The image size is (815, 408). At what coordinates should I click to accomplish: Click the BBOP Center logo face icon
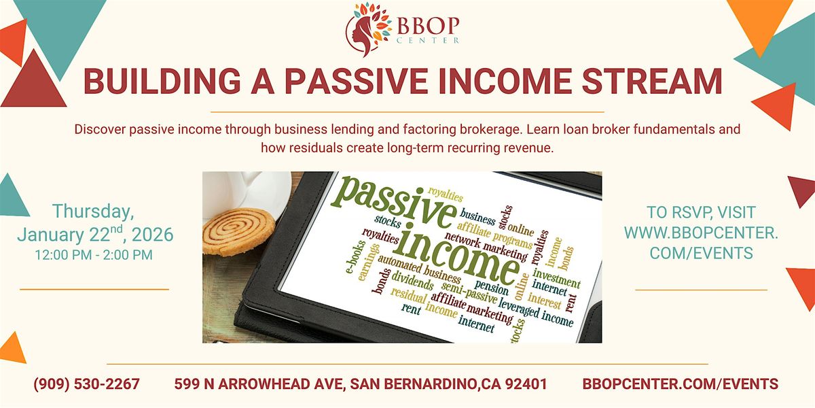tap(368, 29)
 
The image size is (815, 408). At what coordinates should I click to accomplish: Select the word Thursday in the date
tap(93, 211)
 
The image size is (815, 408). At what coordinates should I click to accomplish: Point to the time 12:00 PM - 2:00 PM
tap(94, 255)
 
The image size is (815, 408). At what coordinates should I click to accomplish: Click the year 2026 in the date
tap(153, 235)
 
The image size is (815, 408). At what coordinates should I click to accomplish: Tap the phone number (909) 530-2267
tap(87, 384)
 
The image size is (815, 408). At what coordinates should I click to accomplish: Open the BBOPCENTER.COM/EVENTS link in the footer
tap(681, 384)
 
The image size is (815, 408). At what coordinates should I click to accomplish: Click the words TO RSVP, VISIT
tap(701, 212)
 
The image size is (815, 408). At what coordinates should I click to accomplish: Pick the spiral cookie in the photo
tap(238, 232)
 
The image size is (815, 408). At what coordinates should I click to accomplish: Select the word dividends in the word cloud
tap(413, 280)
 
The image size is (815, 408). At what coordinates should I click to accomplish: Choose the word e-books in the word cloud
tap(352, 257)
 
